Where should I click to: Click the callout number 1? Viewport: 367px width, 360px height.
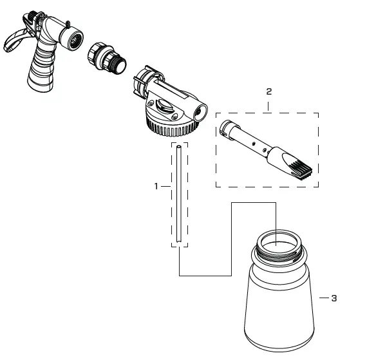point(156,186)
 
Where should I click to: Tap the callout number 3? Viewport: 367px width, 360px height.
point(334,299)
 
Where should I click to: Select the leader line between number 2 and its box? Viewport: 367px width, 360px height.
point(268,106)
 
